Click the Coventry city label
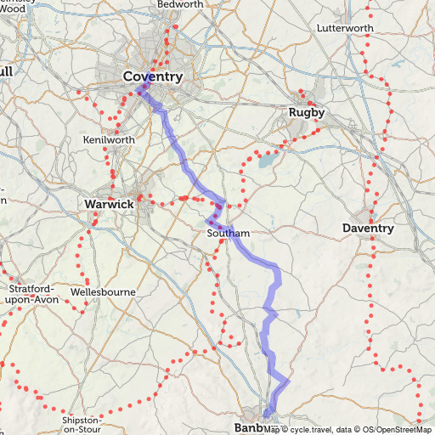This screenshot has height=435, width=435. [x=153, y=77]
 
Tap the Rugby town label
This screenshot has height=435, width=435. [x=306, y=113]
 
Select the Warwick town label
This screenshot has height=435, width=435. [x=109, y=205]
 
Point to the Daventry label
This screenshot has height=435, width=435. [x=368, y=229]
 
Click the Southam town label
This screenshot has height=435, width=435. [x=228, y=233]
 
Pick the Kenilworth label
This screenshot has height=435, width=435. [x=109, y=139]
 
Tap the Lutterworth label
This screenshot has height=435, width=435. [x=344, y=28]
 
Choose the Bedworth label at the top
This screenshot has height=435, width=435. [x=179, y=4]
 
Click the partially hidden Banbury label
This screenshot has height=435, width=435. [x=248, y=427]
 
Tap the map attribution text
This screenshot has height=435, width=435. [x=348, y=429]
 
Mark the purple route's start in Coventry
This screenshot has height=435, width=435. [x=138, y=89]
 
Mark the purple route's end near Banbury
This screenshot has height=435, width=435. [x=268, y=414]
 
